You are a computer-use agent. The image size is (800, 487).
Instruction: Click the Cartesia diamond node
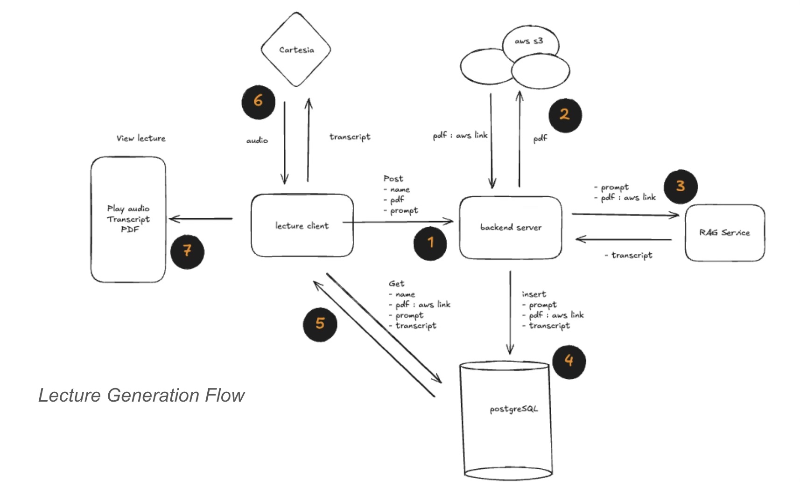tap(296, 50)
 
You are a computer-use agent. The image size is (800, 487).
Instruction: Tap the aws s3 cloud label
tap(529, 41)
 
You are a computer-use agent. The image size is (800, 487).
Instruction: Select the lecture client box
tap(302, 226)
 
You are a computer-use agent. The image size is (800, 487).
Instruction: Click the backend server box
tap(511, 228)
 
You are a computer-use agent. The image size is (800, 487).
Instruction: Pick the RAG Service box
tap(724, 232)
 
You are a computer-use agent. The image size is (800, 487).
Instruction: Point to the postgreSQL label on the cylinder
tap(513, 409)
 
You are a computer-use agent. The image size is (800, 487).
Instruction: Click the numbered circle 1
tap(430, 243)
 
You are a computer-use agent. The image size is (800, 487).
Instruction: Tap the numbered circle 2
tap(565, 114)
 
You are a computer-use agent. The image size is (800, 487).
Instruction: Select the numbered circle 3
tap(681, 186)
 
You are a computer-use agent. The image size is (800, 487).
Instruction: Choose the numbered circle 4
tap(569, 360)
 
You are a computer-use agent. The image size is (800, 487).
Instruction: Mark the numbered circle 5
tap(320, 323)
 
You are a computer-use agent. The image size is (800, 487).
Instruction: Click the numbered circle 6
tap(258, 100)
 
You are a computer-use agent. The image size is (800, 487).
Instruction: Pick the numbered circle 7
tap(187, 251)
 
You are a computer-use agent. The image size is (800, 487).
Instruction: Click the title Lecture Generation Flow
tap(141, 395)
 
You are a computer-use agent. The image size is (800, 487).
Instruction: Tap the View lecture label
tap(141, 138)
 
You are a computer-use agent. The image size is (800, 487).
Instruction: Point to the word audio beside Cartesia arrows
tap(257, 140)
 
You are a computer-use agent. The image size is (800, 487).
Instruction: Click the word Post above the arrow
tap(393, 179)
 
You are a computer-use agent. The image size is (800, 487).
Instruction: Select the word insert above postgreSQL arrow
tap(533, 294)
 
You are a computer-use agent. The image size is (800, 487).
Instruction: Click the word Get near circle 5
tap(396, 284)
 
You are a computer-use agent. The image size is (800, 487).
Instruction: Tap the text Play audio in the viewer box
tap(128, 209)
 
